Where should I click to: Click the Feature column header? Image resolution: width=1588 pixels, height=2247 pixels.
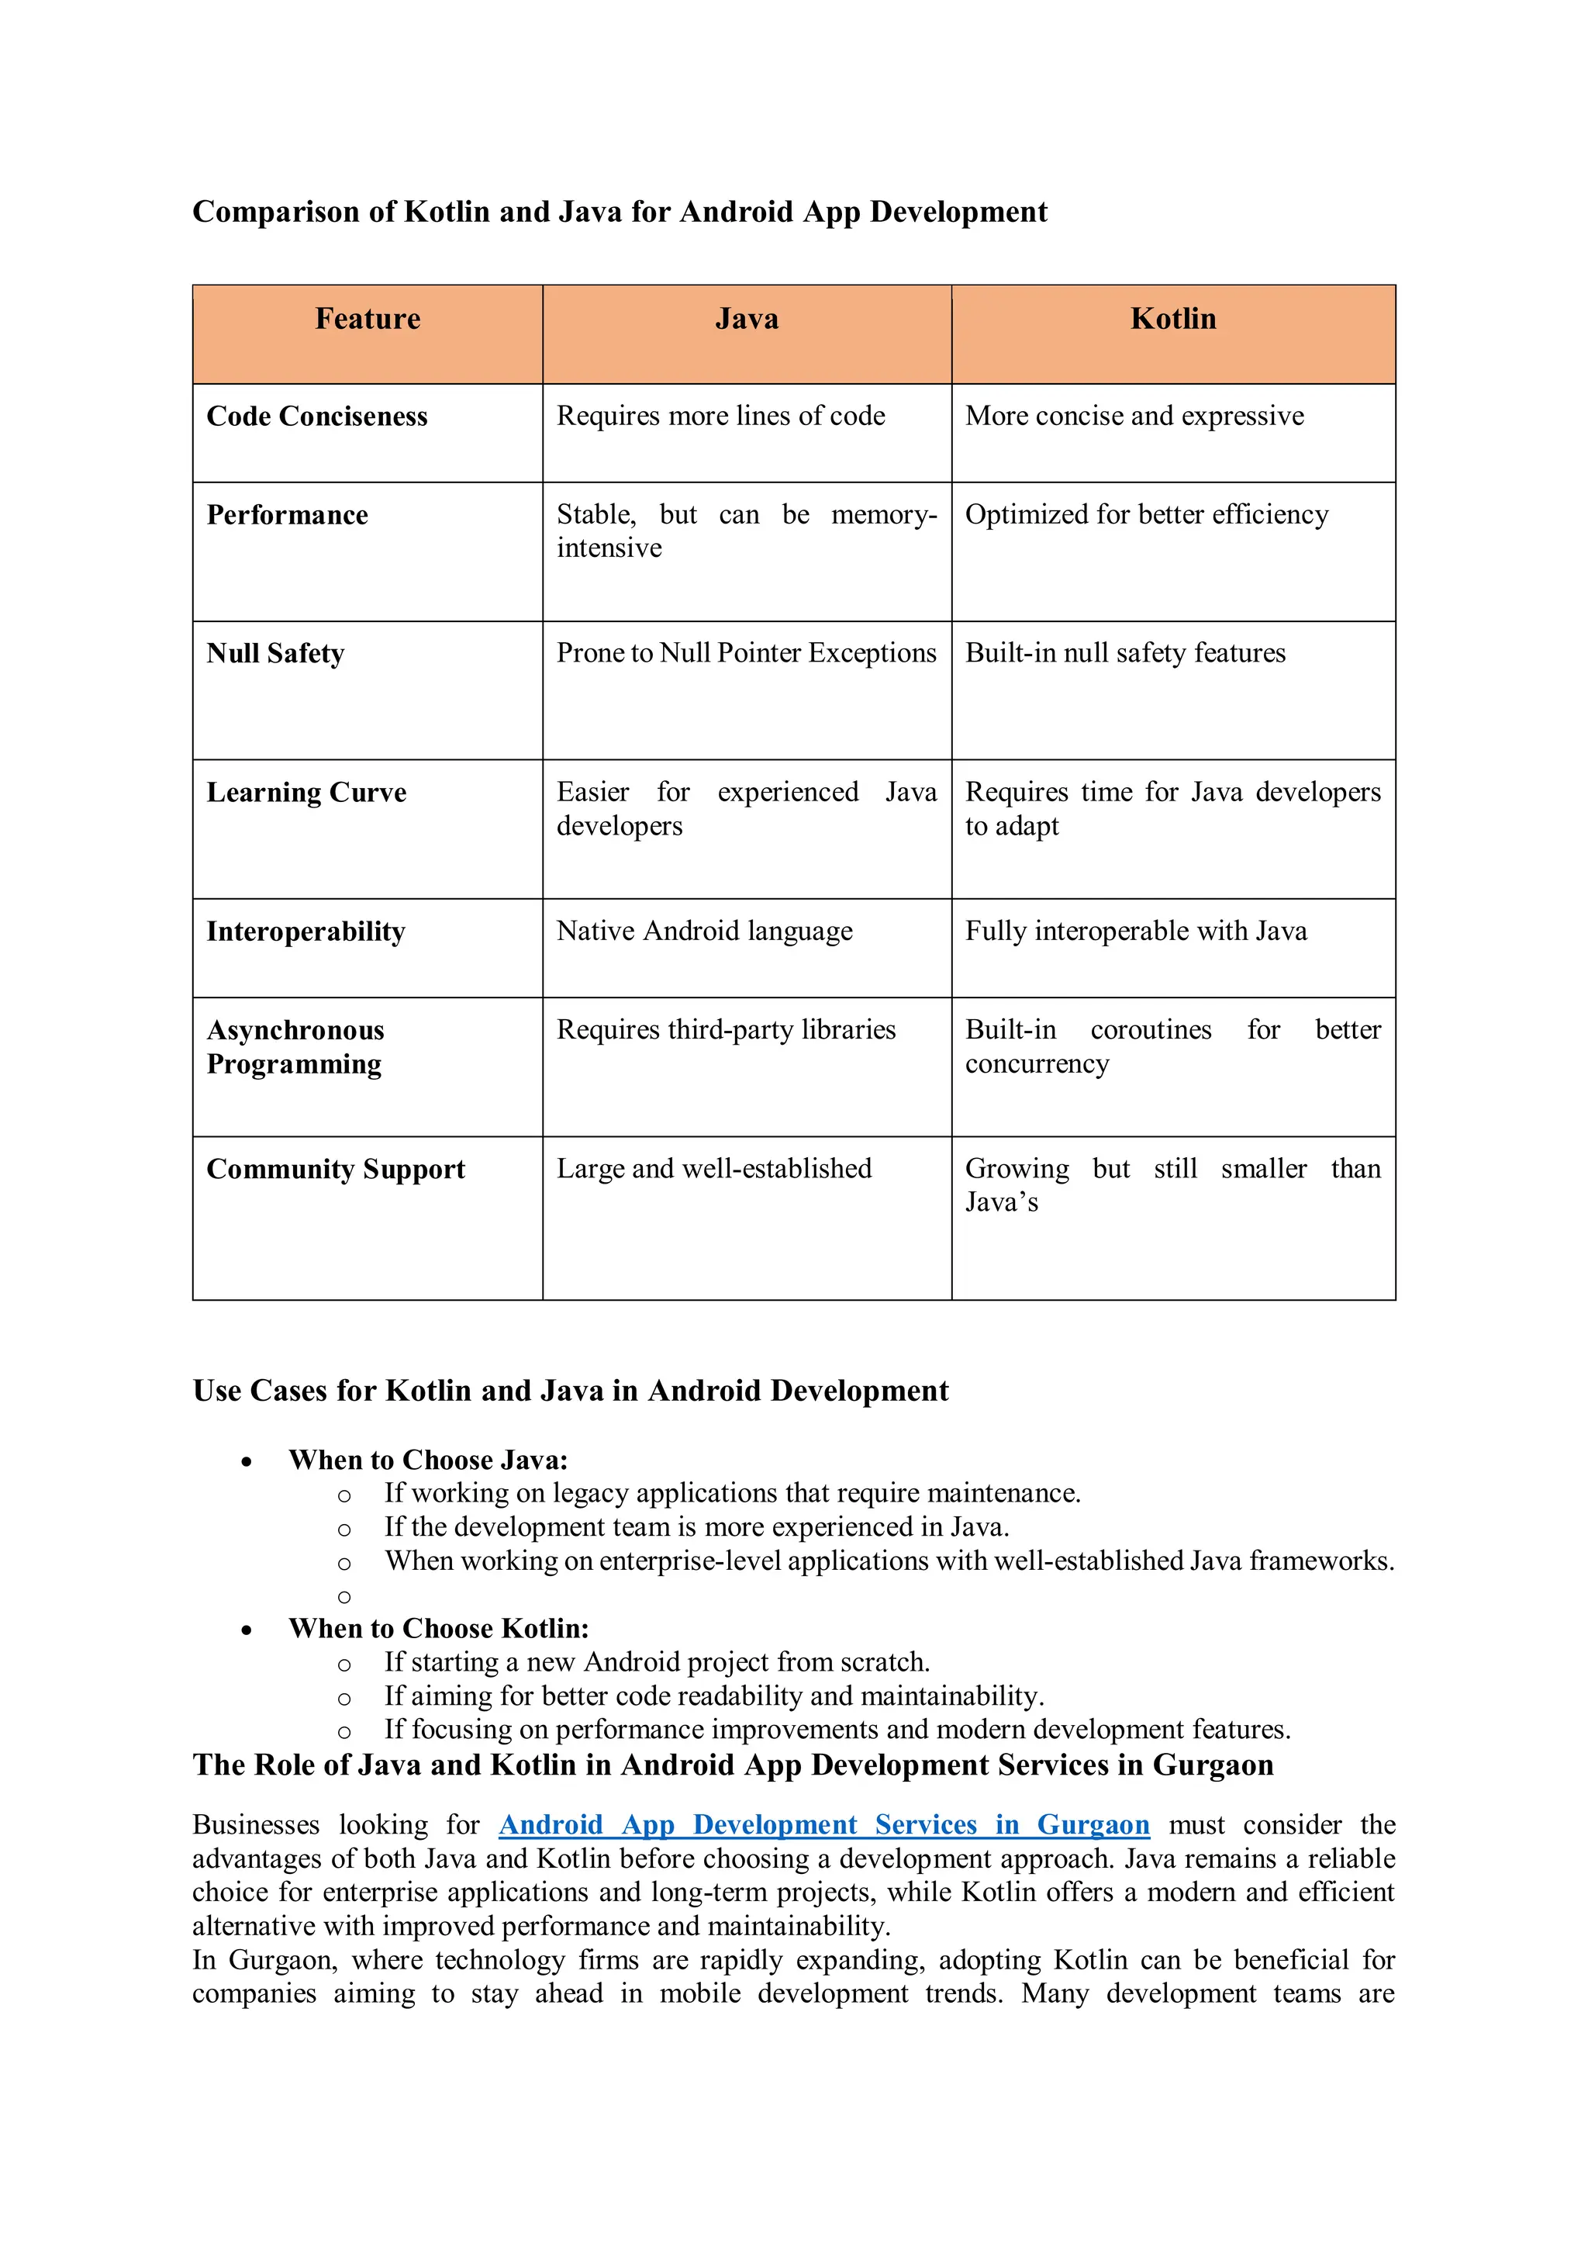click(367, 319)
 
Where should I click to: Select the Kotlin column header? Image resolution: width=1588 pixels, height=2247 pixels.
click(1172, 319)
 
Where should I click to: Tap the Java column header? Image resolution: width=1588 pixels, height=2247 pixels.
click(747, 319)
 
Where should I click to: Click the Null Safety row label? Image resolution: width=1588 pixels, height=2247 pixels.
click(275, 653)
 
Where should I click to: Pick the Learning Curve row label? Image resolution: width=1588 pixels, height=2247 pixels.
click(306, 792)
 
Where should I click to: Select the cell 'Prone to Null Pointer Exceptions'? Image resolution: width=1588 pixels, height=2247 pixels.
click(746, 653)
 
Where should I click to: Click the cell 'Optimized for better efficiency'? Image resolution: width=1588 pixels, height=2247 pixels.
click(1146, 515)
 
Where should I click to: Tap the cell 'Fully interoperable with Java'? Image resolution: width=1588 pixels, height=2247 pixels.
click(1135, 931)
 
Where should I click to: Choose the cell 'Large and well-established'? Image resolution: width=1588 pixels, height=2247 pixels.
click(713, 1169)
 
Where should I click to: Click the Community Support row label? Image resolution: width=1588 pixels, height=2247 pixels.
click(336, 1169)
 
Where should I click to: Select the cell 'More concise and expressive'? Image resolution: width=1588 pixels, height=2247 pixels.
click(1134, 416)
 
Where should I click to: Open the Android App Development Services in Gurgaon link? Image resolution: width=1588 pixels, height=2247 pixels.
click(823, 1825)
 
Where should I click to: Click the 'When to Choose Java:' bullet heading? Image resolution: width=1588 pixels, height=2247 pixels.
click(427, 1461)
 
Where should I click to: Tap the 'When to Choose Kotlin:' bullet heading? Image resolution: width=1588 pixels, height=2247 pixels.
click(438, 1629)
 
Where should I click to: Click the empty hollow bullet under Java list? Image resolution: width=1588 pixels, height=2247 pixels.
click(343, 1597)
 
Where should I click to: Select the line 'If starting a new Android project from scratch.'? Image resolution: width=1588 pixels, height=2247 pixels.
click(657, 1661)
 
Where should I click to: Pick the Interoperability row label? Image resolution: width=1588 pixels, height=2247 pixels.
click(306, 931)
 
